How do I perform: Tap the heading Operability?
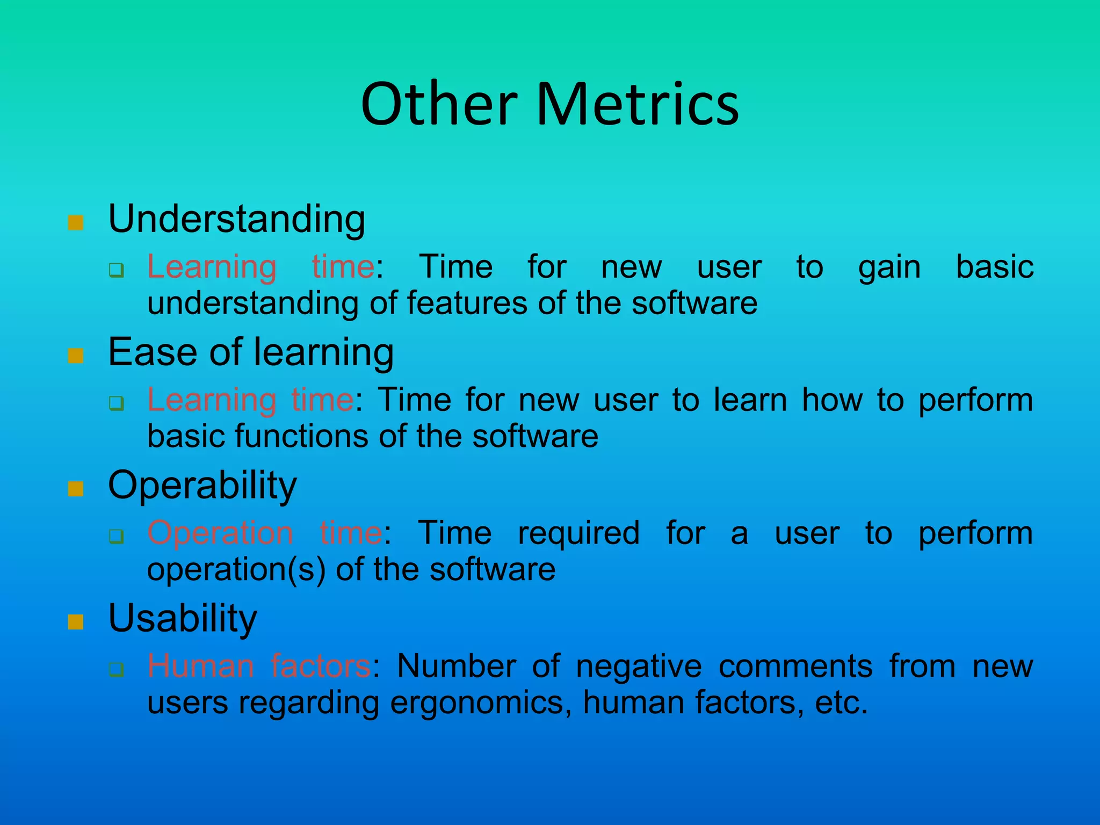click(x=202, y=486)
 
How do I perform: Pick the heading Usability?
click(x=183, y=618)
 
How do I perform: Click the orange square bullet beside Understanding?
click(x=76, y=223)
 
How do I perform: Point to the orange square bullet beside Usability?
click(x=76, y=622)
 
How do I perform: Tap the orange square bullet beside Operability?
click(x=76, y=489)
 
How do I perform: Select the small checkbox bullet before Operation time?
click(x=116, y=536)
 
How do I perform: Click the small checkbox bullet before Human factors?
click(x=116, y=669)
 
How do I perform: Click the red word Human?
click(x=200, y=666)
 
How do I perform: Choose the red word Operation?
click(x=220, y=533)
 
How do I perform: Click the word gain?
click(x=889, y=267)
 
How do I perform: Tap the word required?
click(x=578, y=534)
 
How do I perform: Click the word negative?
click(x=639, y=666)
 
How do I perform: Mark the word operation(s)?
click(x=236, y=570)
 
